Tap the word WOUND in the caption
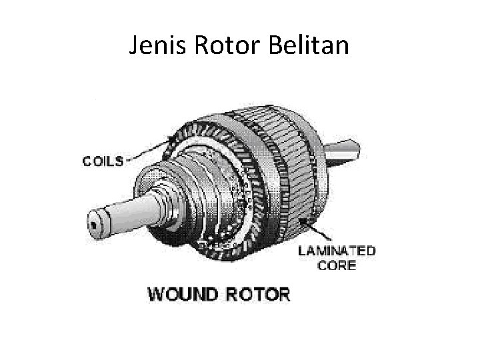180,293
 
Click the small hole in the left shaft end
98,225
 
